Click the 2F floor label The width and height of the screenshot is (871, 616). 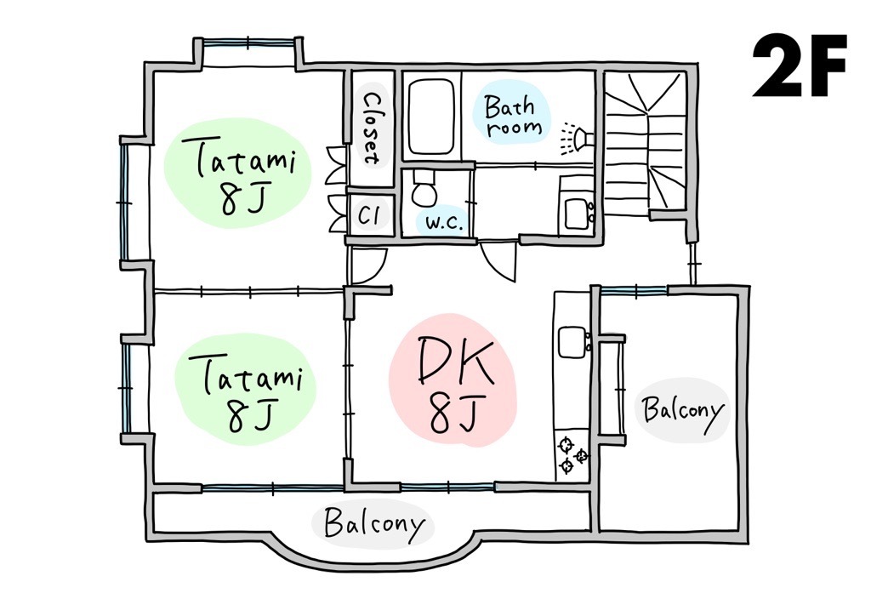(x=800, y=66)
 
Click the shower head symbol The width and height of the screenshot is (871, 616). (x=576, y=136)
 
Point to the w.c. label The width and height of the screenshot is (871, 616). (x=444, y=223)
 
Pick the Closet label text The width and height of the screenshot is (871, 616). (x=371, y=128)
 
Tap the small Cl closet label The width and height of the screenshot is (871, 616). (x=368, y=214)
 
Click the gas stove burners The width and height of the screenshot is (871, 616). (x=572, y=456)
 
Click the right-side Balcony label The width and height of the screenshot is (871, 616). (x=683, y=410)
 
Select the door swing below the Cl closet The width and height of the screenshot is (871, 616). (x=367, y=265)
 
